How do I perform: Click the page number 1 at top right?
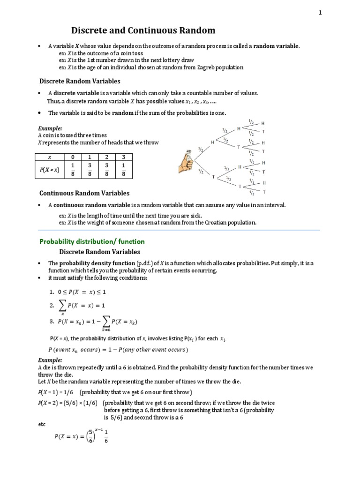coord(320,13)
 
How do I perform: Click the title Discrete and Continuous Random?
coord(143,31)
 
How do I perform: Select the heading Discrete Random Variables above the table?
coord(80,81)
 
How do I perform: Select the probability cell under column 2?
coord(106,170)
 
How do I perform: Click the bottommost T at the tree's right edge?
coord(263,192)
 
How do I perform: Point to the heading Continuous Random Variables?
coord(84,193)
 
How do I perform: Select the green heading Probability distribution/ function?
coord(92,241)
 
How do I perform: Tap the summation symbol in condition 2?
coord(62,305)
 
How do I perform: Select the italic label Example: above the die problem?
coord(50,360)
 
